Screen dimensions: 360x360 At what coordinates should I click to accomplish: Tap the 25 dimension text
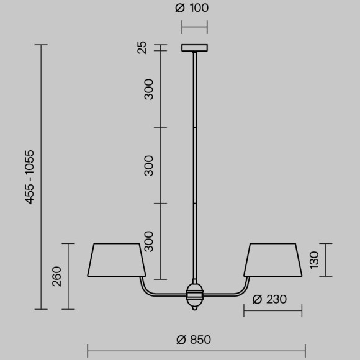tap(142, 47)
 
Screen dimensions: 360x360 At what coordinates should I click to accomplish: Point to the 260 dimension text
tap(57, 275)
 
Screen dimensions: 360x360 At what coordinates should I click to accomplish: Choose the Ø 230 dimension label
tap(269, 299)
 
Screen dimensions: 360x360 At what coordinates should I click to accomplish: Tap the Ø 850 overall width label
tap(194, 339)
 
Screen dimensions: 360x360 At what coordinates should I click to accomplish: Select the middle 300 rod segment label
tap(148, 165)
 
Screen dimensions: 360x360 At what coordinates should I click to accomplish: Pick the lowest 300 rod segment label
tap(148, 241)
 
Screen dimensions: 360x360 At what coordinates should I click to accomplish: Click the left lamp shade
tap(118, 259)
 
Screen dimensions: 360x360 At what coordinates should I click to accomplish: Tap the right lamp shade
tap(272, 259)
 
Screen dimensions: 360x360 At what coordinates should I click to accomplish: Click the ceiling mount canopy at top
tap(195, 48)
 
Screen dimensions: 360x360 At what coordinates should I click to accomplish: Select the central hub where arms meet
tap(195, 295)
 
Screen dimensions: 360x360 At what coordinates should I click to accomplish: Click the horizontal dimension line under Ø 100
tap(194, 27)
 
